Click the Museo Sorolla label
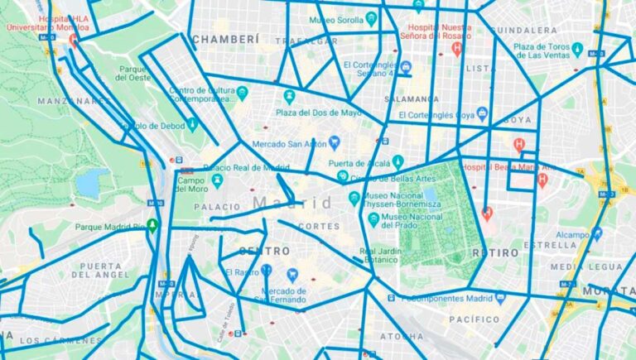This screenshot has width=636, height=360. (x=335, y=18)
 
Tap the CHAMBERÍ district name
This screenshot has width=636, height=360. (x=225, y=39)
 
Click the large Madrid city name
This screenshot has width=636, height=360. (x=291, y=203)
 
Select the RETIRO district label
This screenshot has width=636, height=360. (x=494, y=252)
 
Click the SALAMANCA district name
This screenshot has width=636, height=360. (x=412, y=98)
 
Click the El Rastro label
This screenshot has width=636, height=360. (x=241, y=271)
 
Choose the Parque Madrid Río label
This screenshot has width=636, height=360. (x=109, y=227)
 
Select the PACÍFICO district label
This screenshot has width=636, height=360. (x=475, y=319)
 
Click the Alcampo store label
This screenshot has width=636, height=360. (x=571, y=234)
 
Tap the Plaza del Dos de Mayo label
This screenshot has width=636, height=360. (x=319, y=113)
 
